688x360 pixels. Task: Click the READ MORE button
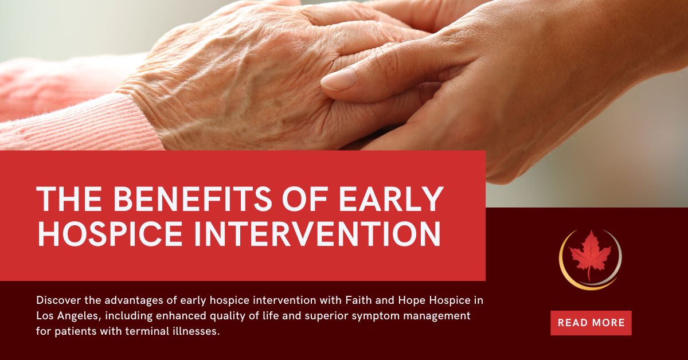click(591, 323)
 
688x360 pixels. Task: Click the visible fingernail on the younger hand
click(339, 81)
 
